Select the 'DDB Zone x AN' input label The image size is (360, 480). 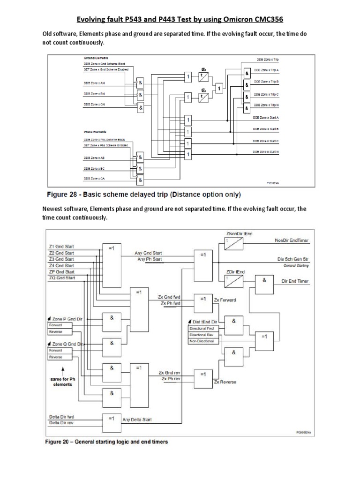(x=94, y=82)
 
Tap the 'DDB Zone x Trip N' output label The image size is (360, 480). (x=266, y=105)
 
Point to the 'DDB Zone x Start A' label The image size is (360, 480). (x=266, y=117)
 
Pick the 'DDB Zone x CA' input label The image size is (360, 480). (x=94, y=179)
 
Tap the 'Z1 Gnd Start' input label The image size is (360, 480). (x=61, y=246)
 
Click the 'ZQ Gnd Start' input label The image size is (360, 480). (x=61, y=278)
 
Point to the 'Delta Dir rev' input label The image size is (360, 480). (x=61, y=423)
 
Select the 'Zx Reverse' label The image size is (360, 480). (x=225, y=382)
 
